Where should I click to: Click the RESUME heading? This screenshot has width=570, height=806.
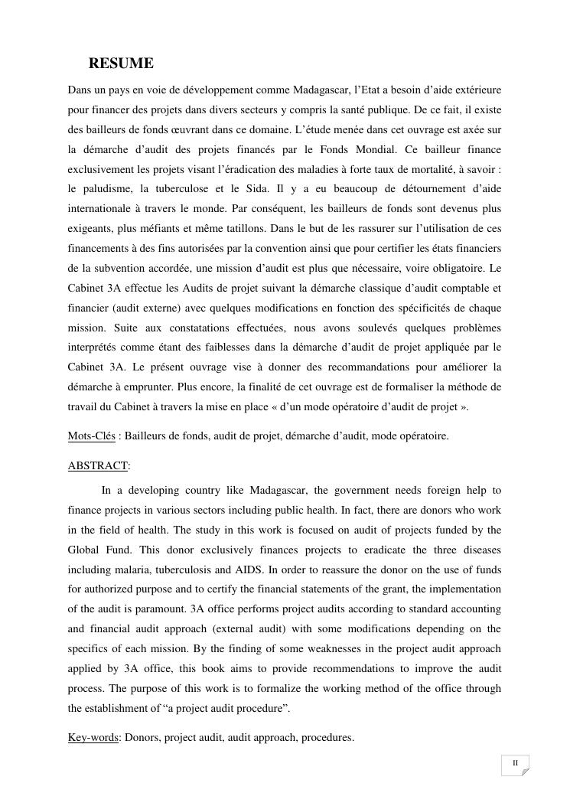pyautogui.click(x=121, y=64)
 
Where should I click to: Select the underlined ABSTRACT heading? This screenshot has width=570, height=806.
pyautogui.click(x=97, y=465)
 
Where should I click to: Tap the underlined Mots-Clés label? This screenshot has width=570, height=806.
pyautogui.click(x=91, y=436)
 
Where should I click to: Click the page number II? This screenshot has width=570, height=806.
pyautogui.click(x=515, y=763)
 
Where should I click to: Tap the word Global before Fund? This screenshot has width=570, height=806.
pyautogui.click(x=84, y=550)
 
